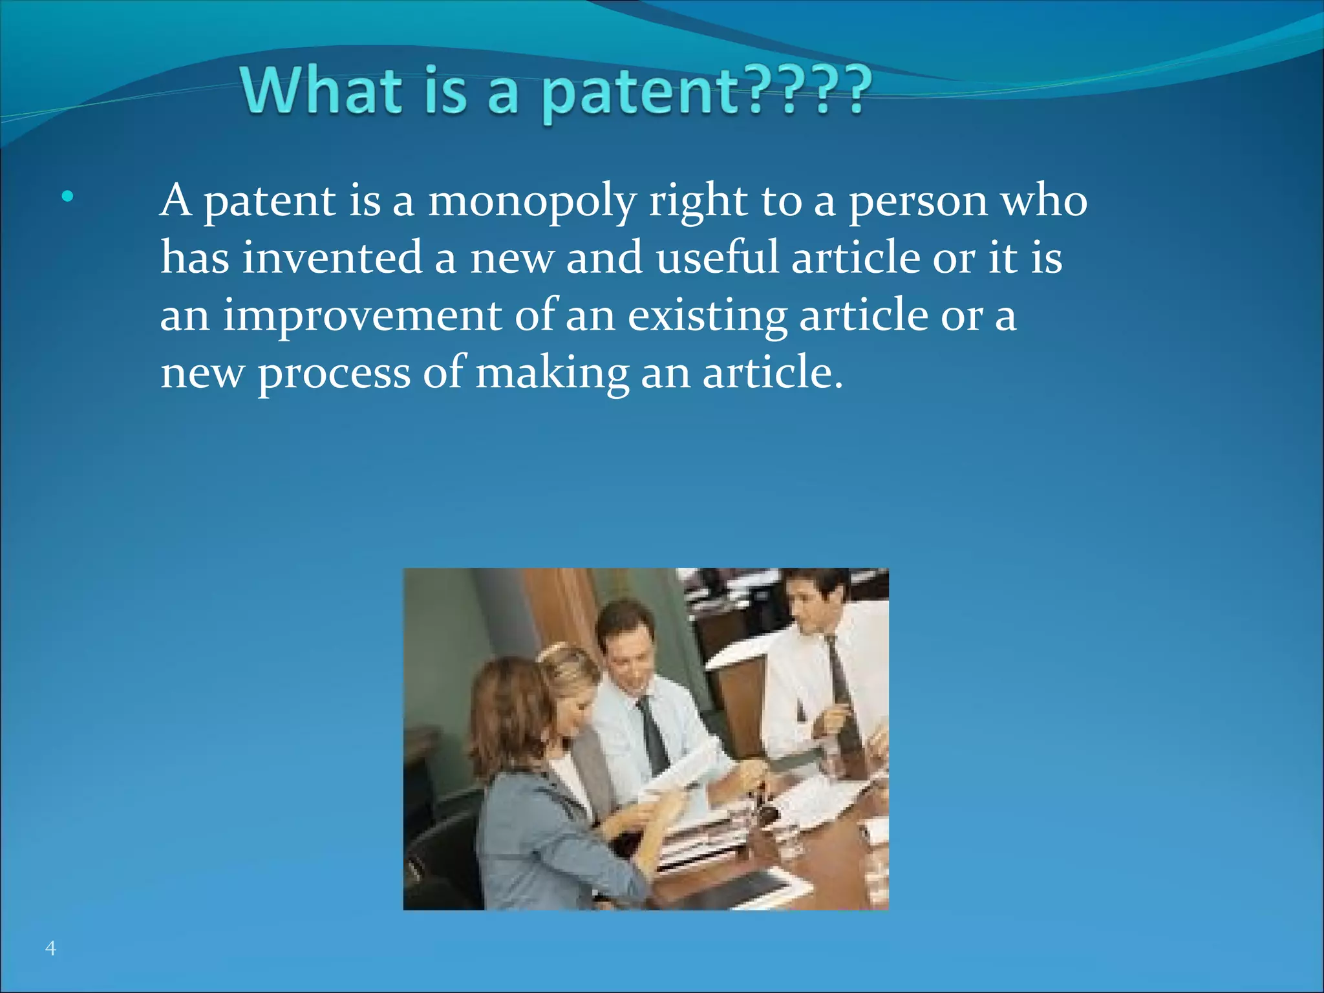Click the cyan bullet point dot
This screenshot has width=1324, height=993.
68,197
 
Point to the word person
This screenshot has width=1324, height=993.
918,202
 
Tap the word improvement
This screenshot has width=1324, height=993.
362,317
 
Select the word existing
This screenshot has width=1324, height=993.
707,317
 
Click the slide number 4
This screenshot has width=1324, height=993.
50,948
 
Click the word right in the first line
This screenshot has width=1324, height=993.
698,202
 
